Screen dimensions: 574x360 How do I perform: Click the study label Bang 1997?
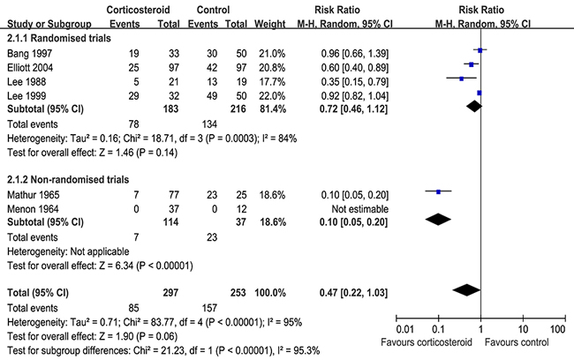[30, 54]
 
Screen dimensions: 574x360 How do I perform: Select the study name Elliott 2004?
[30, 68]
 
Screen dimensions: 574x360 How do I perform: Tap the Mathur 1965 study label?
[33, 195]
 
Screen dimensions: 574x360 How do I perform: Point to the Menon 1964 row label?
[33, 209]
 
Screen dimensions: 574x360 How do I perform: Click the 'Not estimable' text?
[359, 209]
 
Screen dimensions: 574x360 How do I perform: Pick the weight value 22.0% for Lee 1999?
[272, 96]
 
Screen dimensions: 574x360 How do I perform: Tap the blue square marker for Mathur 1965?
[438, 191]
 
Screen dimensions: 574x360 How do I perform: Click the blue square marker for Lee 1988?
[461, 79]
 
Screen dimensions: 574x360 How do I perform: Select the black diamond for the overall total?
[466, 290]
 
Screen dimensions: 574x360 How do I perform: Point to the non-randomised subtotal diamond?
[438, 220]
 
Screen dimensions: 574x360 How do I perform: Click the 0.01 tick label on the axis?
[404, 329]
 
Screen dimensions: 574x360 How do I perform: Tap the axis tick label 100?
[557, 329]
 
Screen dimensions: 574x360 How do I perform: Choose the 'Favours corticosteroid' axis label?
[427, 342]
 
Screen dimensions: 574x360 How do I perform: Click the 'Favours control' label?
[517, 342]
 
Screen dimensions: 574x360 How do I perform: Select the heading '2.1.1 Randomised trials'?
[59, 38]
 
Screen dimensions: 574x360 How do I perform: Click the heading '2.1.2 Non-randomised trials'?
[68, 180]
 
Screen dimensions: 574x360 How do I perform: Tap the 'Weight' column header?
[270, 24]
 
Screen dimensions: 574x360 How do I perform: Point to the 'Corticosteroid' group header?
[138, 10]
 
